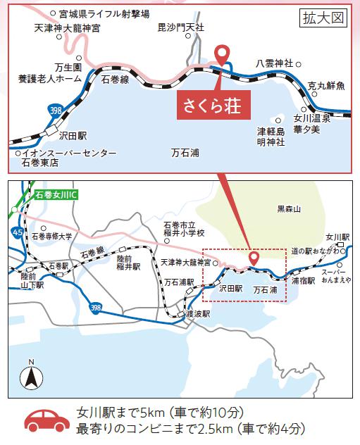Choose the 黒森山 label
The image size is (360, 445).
tap(288, 209)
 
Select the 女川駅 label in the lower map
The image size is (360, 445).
tap(338, 237)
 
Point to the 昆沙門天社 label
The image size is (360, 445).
tap(180, 27)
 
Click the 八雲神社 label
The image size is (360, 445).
tap(275, 63)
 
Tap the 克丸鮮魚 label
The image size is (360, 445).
tap(327, 86)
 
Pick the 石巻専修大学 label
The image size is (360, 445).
tap(51, 237)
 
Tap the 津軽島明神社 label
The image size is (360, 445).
tap(271, 137)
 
